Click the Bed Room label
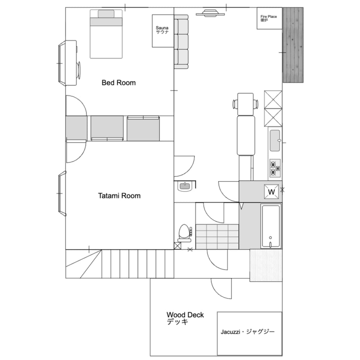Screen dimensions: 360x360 click(118, 82)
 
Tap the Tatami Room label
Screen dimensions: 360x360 click(119, 196)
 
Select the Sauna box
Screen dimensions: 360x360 click(163, 31)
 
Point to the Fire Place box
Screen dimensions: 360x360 click(269, 18)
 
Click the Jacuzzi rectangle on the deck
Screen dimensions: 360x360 click(250, 333)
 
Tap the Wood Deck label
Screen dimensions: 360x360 click(185, 318)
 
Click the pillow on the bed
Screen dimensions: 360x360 click(106, 14)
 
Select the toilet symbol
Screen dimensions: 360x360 click(185, 233)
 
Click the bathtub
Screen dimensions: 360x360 click(271, 226)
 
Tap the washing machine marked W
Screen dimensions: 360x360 click(271, 192)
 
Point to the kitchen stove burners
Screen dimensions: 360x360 click(275, 168)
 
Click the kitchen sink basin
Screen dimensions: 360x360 click(275, 141)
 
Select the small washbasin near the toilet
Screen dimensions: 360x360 click(185, 186)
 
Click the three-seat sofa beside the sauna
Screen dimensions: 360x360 click(181, 42)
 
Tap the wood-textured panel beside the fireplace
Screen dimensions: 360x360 click(293, 45)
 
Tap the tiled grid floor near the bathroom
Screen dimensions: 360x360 click(217, 237)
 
